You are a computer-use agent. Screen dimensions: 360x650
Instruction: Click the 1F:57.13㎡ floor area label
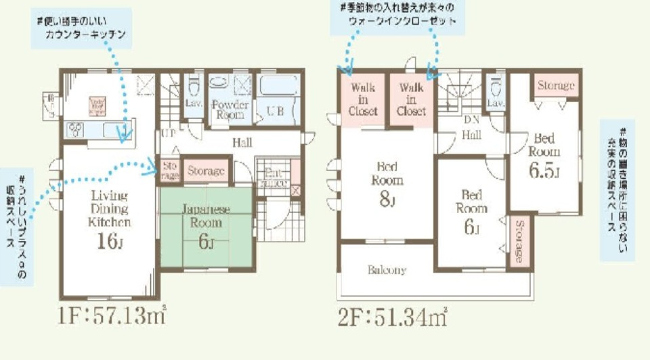[x=112, y=315]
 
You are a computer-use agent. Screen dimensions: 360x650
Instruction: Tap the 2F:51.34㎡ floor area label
[x=393, y=315]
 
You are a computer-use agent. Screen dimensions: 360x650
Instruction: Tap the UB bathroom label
[x=275, y=112]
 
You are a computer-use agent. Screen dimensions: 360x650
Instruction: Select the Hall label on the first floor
[x=242, y=143]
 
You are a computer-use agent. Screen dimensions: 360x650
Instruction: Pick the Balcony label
[x=387, y=270]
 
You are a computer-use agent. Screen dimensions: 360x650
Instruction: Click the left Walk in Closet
[x=363, y=99]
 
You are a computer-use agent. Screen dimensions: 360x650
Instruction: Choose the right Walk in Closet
[x=412, y=99]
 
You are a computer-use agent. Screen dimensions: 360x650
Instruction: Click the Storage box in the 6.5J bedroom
[x=557, y=86]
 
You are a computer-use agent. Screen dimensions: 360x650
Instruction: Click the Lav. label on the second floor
[x=496, y=103]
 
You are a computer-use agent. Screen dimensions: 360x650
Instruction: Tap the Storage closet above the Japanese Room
[x=206, y=171]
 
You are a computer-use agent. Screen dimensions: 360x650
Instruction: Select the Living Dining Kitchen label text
[x=111, y=208]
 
